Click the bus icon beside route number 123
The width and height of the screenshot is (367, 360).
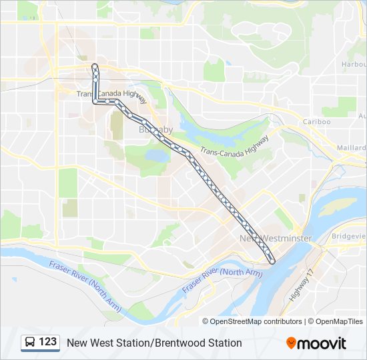pos(30,343)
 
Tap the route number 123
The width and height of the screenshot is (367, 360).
pos(48,342)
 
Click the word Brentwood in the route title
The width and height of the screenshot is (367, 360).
pos(177,343)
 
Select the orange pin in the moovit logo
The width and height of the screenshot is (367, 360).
pos(292,343)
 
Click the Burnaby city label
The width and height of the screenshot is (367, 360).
pos(155,130)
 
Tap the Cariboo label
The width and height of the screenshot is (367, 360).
pos(316,122)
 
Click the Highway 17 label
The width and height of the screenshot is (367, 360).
pos(301,284)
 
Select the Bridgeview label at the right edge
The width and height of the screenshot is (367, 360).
pos(350,236)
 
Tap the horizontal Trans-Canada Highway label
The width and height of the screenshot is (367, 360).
pos(111,96)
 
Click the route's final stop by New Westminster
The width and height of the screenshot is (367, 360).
pos(272,261)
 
